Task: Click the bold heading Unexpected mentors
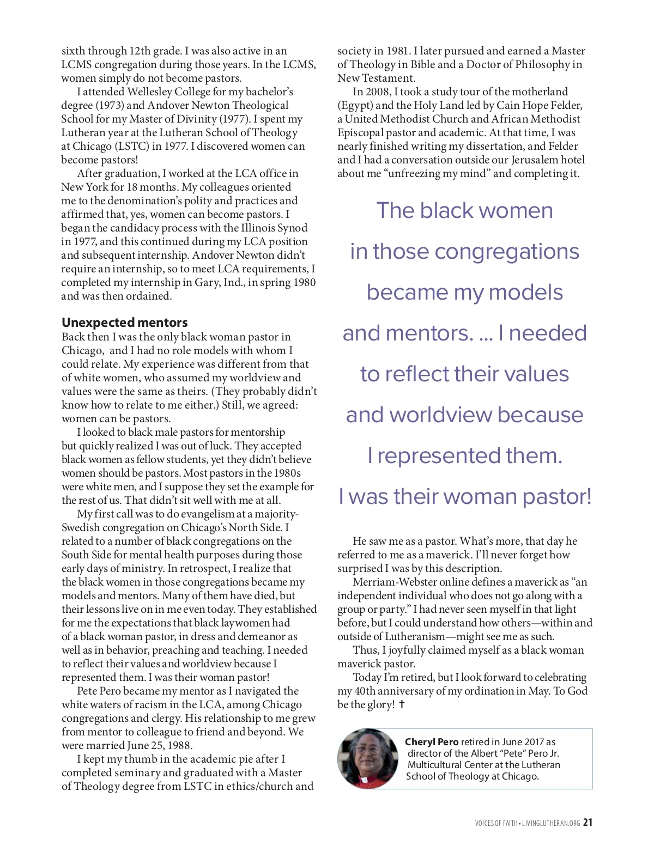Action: [x=124, y=322]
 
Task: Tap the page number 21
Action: [x=587, y=823]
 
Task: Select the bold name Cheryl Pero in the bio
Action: [x=432, y=742]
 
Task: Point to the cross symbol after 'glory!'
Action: [x=402, y=704]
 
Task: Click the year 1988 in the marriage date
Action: [x=179, y=745]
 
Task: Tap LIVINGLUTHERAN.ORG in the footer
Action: [x=550, y=823]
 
